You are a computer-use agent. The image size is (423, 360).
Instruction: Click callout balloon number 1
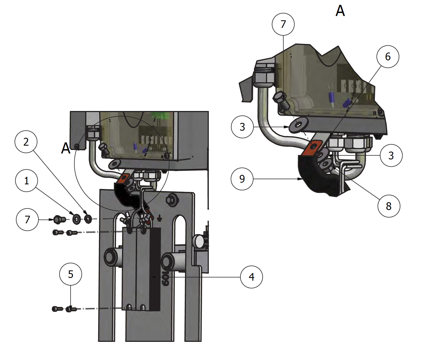tap(27, 181)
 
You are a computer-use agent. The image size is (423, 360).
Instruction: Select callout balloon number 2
tap(26, 142)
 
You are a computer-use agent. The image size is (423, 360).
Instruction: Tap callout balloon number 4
tap(251, 277)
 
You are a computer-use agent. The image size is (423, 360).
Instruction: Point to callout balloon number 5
tap(71, 274)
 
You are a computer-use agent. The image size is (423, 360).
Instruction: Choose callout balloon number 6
tap(388, 57)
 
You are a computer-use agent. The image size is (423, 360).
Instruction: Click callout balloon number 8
tap(389, 206)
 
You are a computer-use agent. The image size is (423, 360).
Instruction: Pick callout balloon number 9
tap(242, 179)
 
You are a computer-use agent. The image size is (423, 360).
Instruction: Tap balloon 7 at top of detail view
tap(283, 24)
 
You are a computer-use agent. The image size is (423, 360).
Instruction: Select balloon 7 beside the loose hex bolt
tap(27, 220)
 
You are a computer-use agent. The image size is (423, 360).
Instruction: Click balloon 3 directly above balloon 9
tap(242, 127)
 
